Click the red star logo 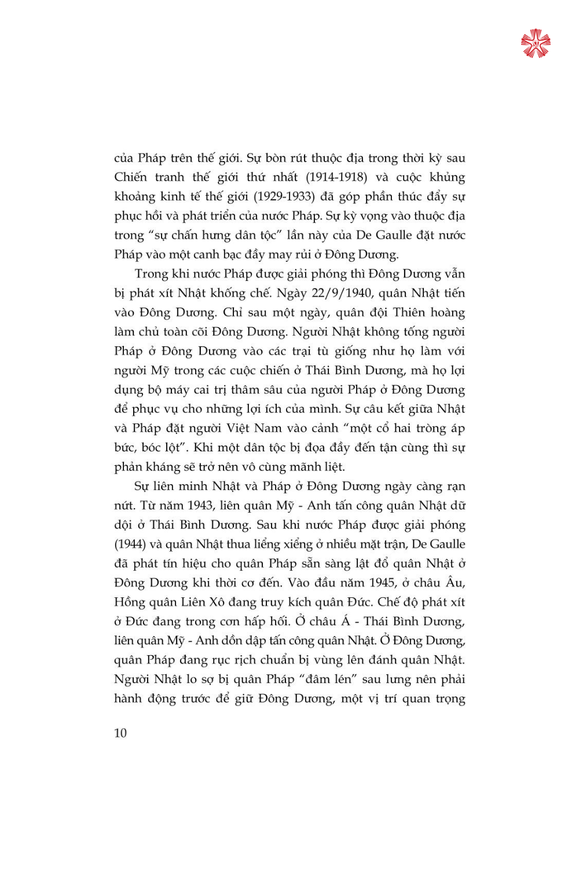(536, 43)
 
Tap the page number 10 (120, 733)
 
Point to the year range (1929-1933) (284, 196)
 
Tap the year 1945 (382, 583)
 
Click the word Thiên (409, 313)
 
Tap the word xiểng (298, 544)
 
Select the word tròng (431, 428)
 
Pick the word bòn (278, 158)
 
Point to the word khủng (447, 177)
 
